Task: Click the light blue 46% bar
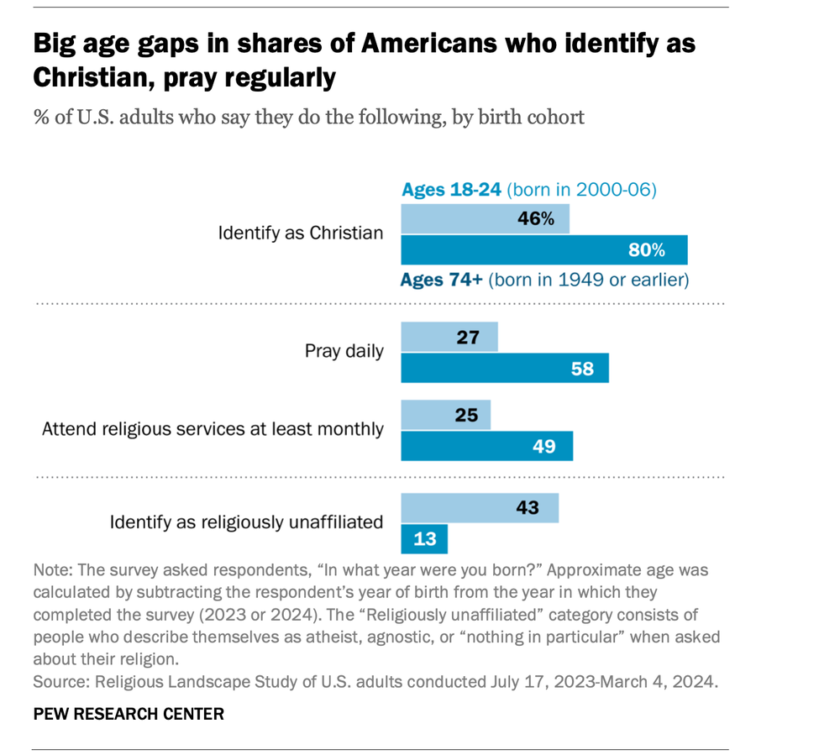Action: [485, 219]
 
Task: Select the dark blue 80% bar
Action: [543, 250]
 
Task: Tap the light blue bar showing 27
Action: [449, 338]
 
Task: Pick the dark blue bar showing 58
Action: [504, 368]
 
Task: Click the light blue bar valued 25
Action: [445, 414]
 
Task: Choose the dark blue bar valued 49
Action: [486, 446]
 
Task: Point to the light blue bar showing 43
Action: [480, 508]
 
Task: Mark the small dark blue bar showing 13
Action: [424, 538]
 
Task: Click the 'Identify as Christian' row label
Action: [300, 233]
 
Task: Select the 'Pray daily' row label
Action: [344, 351]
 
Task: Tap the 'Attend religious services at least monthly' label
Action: [213, 429]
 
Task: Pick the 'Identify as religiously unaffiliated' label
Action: [246, 522]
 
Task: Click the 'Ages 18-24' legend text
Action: [451, 190]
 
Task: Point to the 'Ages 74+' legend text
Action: [442, 280]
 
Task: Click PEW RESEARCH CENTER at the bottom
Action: [129, 714]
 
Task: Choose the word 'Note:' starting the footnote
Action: [53, 570]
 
